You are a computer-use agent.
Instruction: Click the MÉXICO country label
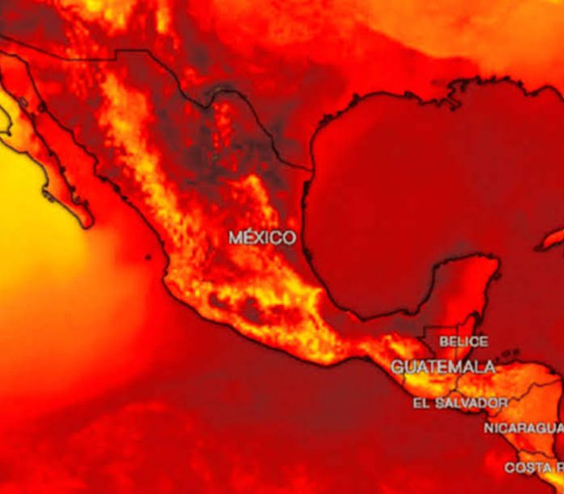coord(262,238)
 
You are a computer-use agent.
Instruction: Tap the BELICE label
coord(464,342)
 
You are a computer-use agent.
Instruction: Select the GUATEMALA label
coord(443,367)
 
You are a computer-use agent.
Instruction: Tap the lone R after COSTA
coord(558,467)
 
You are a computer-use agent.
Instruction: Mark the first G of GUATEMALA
coord(398,367)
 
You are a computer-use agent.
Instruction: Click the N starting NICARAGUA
coord(489,427)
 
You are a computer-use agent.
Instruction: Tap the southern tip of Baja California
coord(88,222)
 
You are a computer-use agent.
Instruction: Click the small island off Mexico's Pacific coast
coord(147,258)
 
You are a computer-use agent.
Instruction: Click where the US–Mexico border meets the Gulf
coord(310,170)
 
